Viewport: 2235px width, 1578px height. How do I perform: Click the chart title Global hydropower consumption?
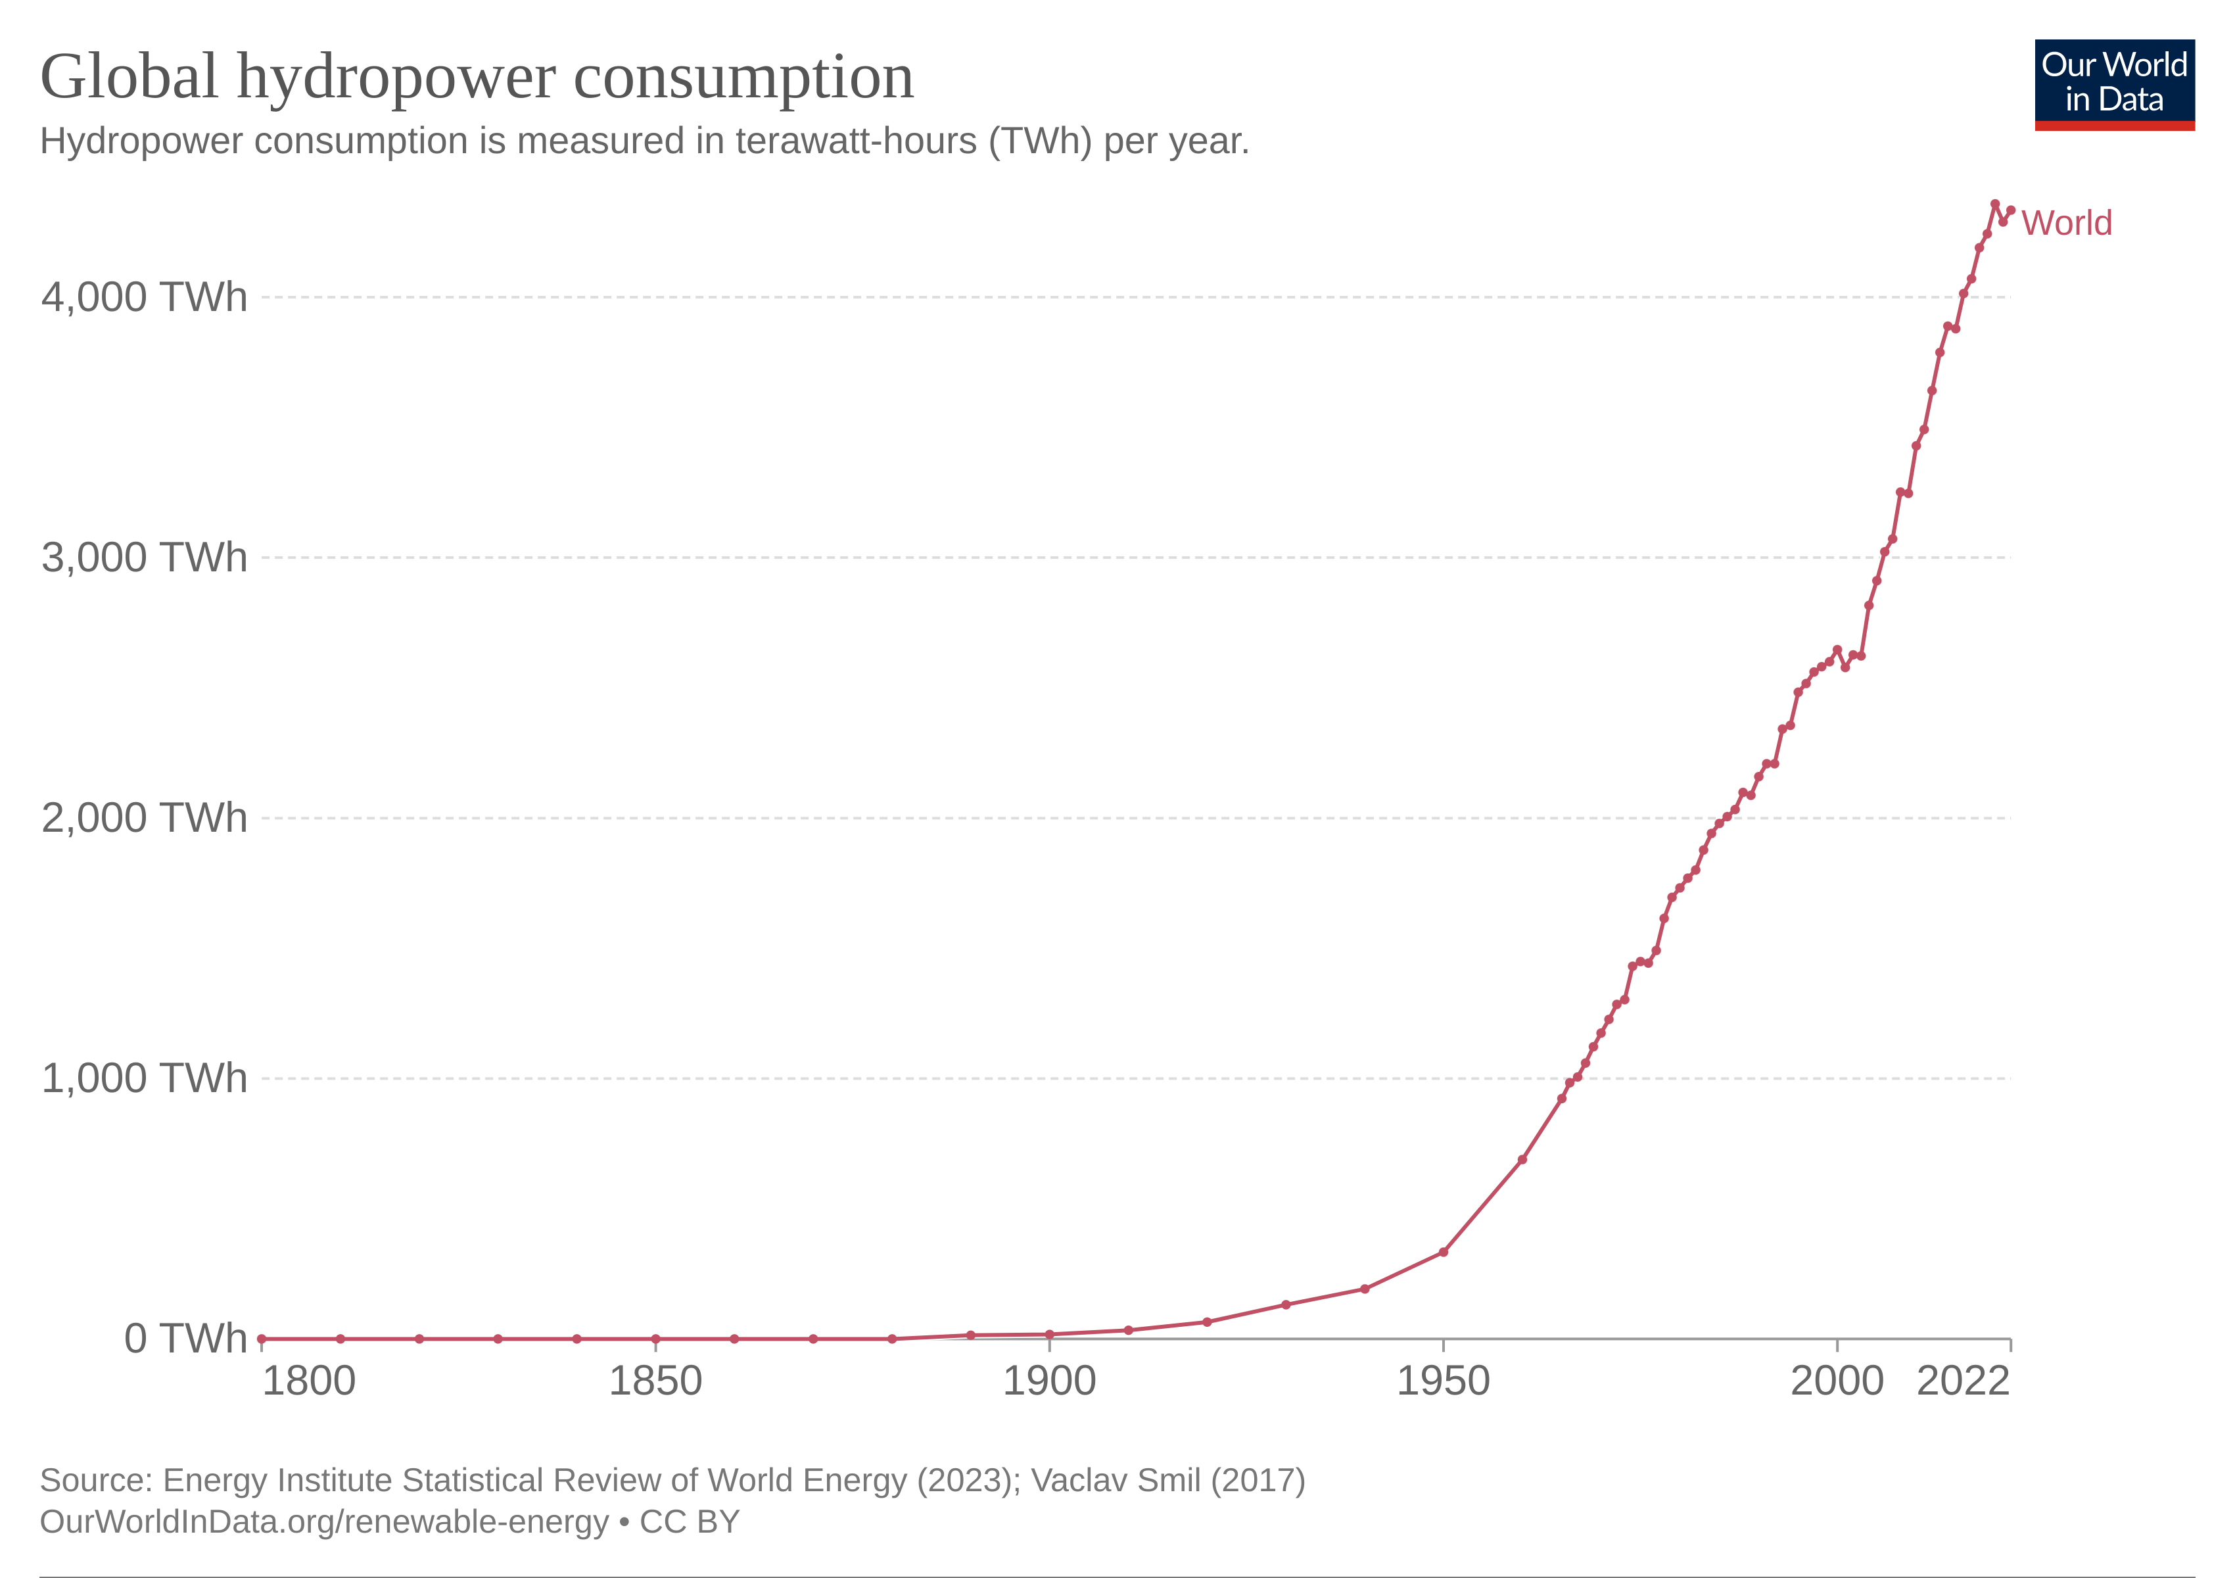pyautogui.click(x=477, y=78)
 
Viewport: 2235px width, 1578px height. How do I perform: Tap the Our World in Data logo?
pyautogui.click(x=2114, y=84)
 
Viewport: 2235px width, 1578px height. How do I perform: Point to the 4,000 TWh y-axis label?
pyautogui.click(x=144, y=297)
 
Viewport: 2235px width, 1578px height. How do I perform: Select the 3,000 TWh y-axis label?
pyautogui.click(x=144, y=558)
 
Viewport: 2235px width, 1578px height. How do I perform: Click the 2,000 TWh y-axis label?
pyautogui.click(x=144, y=818)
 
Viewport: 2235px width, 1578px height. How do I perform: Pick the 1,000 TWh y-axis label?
pyautogui.click(x=144, y=1078)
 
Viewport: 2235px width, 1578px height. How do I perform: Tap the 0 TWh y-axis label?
pyautogui.click(x=185, y=1339)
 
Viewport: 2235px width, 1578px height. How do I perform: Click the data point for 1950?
pyautogui.click(x=1444, y=1252)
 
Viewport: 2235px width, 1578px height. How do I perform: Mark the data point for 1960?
pyautogui.click(x=1522, y=1159)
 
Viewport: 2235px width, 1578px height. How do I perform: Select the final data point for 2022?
pyautogui.click(x=2011, y=210)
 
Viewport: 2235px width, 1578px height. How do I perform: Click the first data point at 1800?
pyautogui.click(x=262, y=1339)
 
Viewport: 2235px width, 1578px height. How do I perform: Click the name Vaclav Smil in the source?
pyautogui.click(x=1117, y=1481)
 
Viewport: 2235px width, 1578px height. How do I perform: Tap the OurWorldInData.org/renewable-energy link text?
pyautogui.click(x=324, y=1521)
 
